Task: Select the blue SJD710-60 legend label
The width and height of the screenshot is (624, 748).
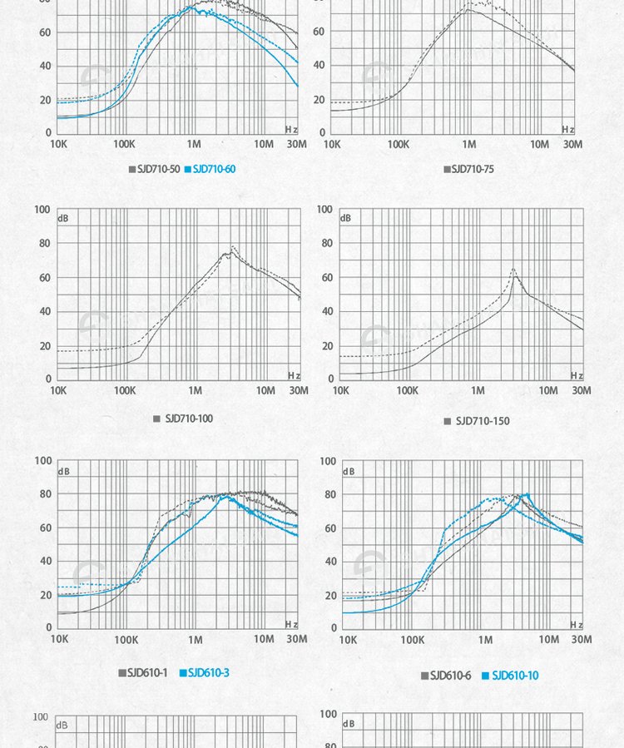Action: [214, 169]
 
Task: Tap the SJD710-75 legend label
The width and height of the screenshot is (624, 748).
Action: [472, 169]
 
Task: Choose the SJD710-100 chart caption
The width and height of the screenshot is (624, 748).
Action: [189, 419]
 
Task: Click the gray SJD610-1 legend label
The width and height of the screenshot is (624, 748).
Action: [147, 672]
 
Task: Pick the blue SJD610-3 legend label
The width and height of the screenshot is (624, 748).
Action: [208, 672]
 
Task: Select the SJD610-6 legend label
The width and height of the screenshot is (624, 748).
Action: [450, 676]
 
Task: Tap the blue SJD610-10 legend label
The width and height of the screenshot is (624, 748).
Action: [515, 676]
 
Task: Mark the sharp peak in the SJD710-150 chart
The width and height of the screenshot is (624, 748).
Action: [513, 269]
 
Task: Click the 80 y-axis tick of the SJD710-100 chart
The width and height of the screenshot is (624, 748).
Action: [42, 244]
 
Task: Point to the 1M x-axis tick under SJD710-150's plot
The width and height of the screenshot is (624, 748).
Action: [478, 391]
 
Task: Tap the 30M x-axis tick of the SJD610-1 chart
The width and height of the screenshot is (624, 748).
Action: [297, 639]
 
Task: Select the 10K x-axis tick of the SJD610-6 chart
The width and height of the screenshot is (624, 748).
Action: [349, 640]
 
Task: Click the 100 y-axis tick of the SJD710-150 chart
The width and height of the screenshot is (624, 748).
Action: [324, 210]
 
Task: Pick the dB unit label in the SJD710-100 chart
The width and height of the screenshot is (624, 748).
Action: [64, 218]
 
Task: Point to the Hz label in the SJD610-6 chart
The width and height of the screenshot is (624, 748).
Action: [577, 625]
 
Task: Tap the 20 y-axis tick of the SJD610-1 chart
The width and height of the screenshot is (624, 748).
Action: [42, 595]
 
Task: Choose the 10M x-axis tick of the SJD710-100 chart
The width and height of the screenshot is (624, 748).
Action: [265, 391]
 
